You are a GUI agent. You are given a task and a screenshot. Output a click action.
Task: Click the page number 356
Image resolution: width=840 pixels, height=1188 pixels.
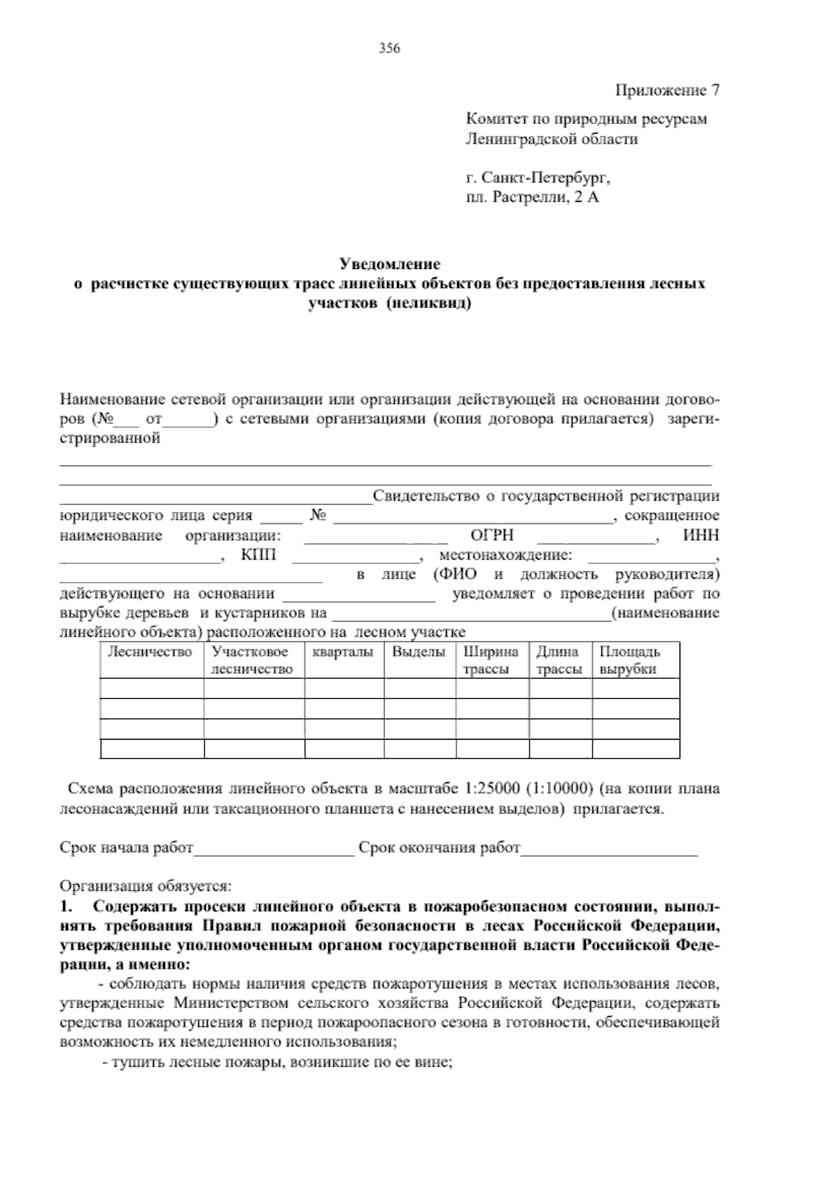tap(389, 48)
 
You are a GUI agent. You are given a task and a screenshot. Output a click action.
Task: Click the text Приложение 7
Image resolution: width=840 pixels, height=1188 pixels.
tap(667, 90)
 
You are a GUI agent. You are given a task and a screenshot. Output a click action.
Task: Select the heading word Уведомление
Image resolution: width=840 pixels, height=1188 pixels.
tap(389, 265)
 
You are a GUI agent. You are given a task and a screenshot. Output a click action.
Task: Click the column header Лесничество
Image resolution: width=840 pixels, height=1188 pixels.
tap(149, 652)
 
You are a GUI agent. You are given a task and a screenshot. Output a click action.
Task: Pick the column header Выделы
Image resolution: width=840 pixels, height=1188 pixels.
tap(419, 652)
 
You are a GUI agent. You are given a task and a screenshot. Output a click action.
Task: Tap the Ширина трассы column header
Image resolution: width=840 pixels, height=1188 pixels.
tap(491, 660)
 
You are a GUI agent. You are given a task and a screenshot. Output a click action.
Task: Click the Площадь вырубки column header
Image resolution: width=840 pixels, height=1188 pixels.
tap(629, 660)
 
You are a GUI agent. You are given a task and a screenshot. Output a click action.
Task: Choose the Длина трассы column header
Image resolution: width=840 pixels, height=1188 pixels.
tap(559, 660)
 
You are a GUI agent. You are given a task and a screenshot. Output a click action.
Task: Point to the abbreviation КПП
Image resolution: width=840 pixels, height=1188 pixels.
tap(258, 555)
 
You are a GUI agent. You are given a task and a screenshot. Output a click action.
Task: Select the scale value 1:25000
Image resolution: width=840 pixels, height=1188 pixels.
tap(491, 789)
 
